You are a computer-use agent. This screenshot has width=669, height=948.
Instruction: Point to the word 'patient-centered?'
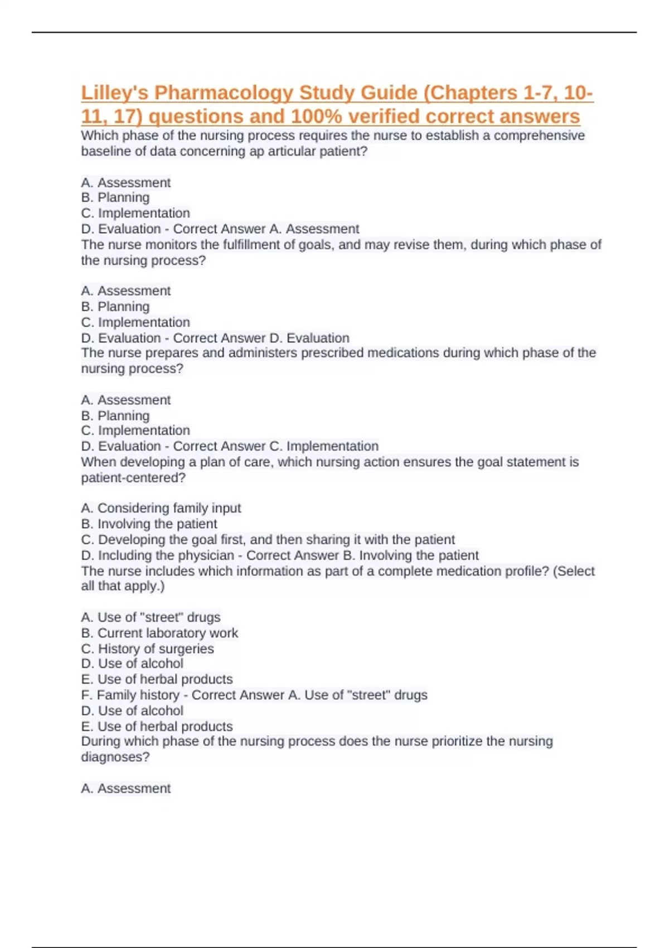click(133, 478)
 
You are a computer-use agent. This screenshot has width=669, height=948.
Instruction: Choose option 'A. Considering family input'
click(161, 508)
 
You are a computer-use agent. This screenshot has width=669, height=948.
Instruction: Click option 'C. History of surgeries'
click(147, 649)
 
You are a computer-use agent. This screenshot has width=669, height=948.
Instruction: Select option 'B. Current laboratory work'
click(159, 633)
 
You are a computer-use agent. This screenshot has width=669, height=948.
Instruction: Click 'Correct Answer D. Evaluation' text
click(261, 338)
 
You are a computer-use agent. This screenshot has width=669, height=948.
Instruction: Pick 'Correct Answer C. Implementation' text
click(275, 446)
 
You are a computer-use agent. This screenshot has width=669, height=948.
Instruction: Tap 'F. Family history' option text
click(130, 695)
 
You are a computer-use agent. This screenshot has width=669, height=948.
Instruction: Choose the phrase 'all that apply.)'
click(123, 586)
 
